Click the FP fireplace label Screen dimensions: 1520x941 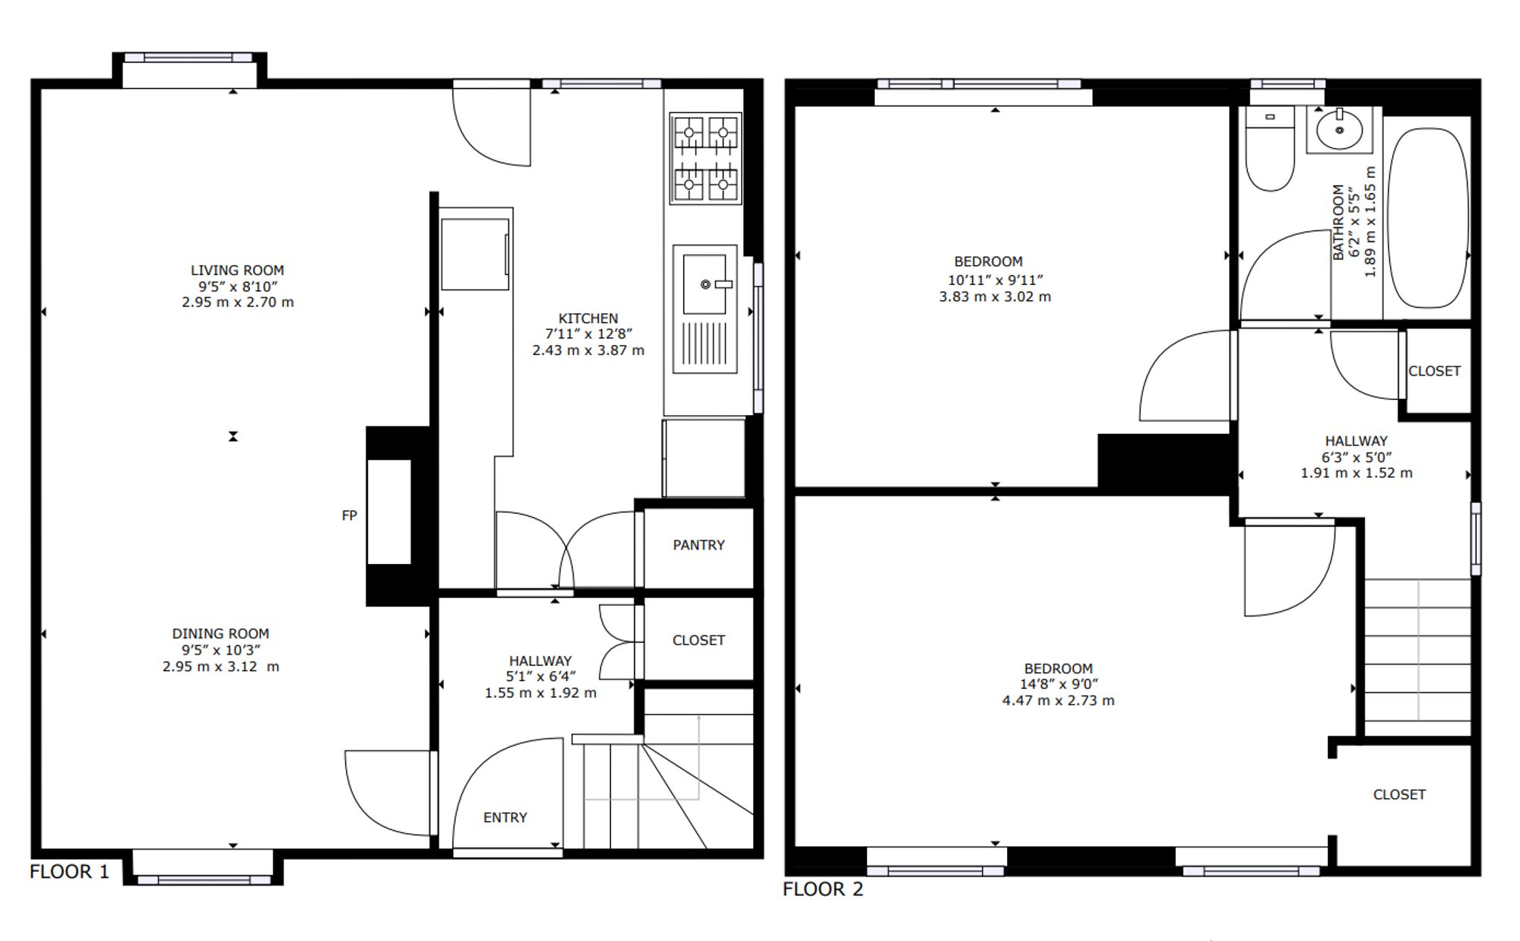(x=350, y=515)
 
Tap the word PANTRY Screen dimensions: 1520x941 (x=698, y=545)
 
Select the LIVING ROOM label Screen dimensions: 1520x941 (x=237, y=270)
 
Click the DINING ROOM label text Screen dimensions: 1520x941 (x=220, y=633)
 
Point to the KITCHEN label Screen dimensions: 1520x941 (x=588, y=318)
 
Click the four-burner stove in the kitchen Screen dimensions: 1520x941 (x=705, y=158)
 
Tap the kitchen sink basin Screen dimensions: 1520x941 (x=705, y=284)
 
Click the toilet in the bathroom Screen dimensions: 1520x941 (x=1270, y=149)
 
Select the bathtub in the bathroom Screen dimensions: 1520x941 (x=1428, y=218)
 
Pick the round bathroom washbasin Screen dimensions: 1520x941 (x=1339, y=130)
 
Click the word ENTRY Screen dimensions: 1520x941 (x=505, y=817)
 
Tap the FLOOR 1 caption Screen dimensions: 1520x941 (x=69, y=871)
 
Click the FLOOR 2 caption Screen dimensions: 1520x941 (x=823, y=889)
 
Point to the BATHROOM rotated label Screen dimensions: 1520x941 (x=1338, y=222)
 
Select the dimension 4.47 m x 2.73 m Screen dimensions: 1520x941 (x=1058, y=700)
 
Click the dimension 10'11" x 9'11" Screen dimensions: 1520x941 (x=995, y=280)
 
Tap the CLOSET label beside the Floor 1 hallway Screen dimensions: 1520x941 (x=698, y=640)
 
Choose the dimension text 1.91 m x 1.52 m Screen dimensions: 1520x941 (x=1357, y=473)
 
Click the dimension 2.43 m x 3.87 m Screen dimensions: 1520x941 (x=588, y=350)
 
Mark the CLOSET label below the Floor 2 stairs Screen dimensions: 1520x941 (x=1399, y=794)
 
